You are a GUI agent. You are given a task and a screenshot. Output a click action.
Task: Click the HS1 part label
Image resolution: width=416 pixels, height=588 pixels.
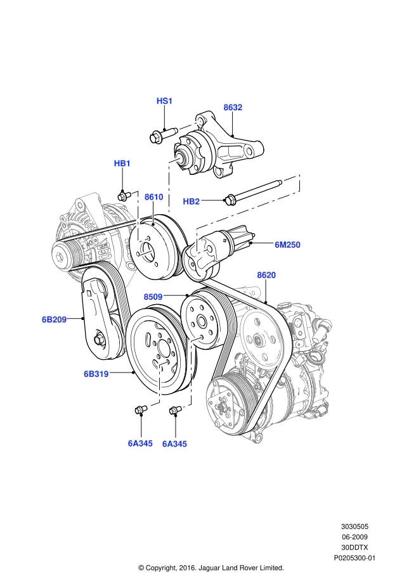[x=164, y=101]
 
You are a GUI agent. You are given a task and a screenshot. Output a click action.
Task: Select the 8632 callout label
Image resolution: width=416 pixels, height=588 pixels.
[x=233, y=107]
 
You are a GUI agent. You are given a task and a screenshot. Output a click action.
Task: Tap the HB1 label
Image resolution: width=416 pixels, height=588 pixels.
[x=122, y=163]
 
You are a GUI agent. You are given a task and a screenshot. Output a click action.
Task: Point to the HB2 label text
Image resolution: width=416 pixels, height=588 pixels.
[x=191, y=201]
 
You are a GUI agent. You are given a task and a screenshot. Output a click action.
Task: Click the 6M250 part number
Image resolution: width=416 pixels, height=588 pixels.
[x=288, y=245]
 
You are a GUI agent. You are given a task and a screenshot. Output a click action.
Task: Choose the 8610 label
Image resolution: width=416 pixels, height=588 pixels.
[x=154, y=197]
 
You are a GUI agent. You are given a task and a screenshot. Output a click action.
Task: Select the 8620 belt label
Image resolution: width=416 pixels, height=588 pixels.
[x=266, y=275]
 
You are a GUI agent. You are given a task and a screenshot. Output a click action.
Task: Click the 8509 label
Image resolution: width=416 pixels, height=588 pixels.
[x=153, y=297]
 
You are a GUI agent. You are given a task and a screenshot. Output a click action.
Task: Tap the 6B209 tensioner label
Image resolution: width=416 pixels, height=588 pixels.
[x=54, y=320]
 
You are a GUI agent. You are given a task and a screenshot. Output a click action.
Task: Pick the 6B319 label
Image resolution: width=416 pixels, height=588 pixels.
[x=96, y=374]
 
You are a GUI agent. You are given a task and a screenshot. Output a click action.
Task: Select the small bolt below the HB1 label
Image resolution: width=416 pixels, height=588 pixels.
[x=124, y=196]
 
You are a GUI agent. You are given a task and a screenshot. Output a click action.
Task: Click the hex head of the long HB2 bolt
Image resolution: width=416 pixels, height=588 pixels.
[x=230, y=200]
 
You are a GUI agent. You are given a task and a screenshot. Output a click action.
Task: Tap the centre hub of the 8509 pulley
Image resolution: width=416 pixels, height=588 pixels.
[x=200, y=321]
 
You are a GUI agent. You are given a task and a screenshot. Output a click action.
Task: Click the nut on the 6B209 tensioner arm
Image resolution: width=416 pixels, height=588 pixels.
[x=99, y=340]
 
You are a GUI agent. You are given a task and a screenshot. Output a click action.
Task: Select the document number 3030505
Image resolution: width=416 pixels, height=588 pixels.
[x=354, y=527]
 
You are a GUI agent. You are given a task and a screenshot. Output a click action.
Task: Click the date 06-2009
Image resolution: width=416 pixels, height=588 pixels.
[x=354, y=537]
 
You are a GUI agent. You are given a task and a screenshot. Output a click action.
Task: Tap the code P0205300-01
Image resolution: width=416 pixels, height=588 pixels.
[x=354, y=558]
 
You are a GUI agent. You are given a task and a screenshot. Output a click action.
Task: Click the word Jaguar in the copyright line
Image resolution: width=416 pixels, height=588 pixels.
[x=211, y=568]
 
